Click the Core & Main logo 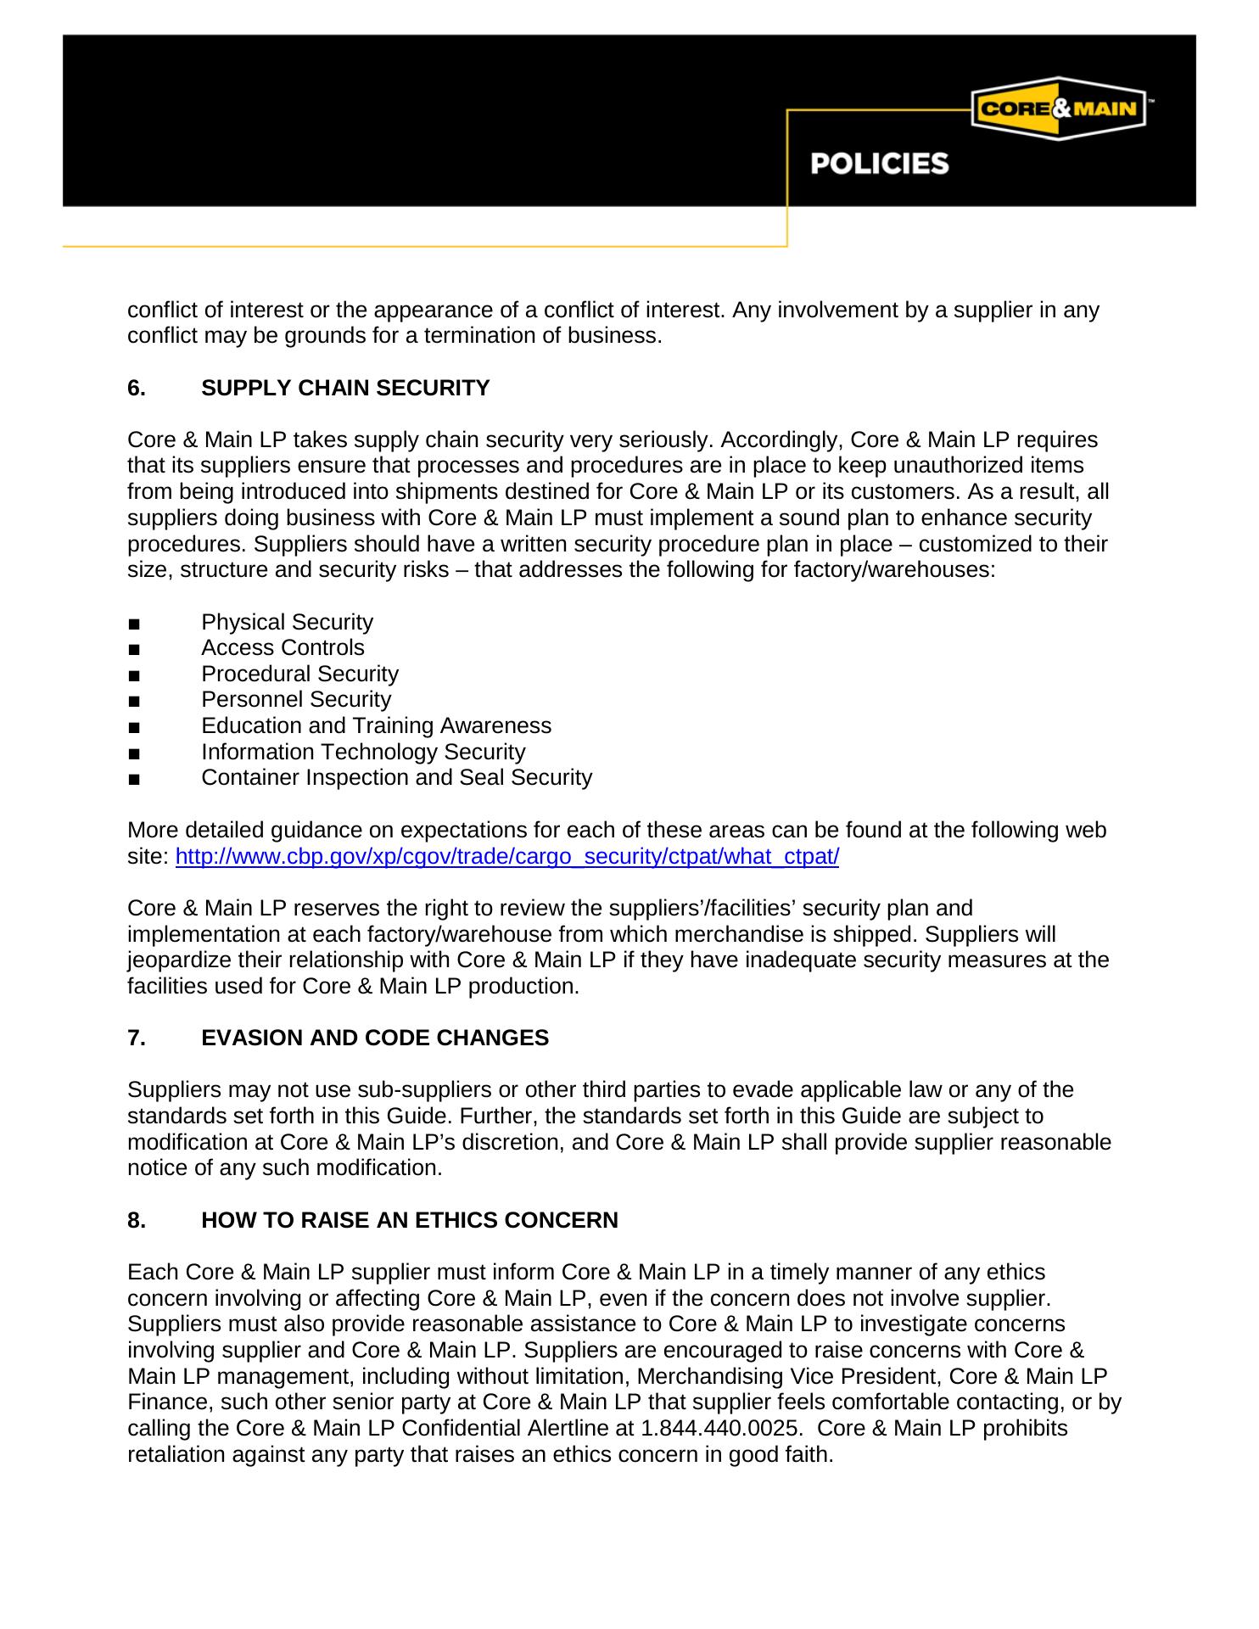[x=1058, y=109]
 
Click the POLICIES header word [x=879, y=164]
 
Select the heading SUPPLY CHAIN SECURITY [x=345, y=388]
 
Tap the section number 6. [x=136, y=388]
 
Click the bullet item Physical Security [x=287, y=622]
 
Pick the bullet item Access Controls [x=283, y=647]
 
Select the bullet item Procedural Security [x=299, y=674]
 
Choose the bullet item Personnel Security [x=296, y=699]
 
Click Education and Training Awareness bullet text [x=376, y=725]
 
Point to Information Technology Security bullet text [x=363, y=752]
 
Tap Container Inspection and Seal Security [x=396, y=777]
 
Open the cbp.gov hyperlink [x=506, y=856]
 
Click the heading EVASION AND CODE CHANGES [x=375, y=1038]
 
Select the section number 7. [x=136, y=1038]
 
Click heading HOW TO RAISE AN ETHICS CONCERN [x=410, y=1220]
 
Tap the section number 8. [x=136, y=1220]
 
